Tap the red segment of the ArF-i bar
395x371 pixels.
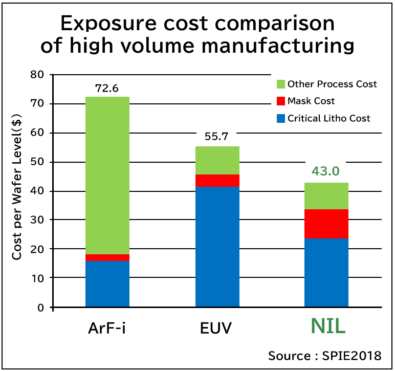(x=107, y=257)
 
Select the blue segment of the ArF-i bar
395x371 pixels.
(x=107, y=284)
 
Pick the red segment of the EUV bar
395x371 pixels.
(x=217, y=181)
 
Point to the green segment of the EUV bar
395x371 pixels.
(x=217, y=161)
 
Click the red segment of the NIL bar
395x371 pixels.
(x=326, y=224)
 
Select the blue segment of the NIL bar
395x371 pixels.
(x=326, y=272)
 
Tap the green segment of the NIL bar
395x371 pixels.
(x=326, y=196)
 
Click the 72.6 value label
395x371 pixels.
(x=107, y=88)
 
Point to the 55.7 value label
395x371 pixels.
(x=217, y=138)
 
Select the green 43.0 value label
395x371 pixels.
(x=326, y=171)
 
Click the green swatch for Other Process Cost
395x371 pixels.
(x=280, y=84)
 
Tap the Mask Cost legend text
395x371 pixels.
(x=311, y=101)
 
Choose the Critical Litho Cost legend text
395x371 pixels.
(x=328, y=118)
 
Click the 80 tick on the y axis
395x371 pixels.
(x=38, y=75)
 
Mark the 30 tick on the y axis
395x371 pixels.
(x=38, y=220)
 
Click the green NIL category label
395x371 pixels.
(x=328, y=327)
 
